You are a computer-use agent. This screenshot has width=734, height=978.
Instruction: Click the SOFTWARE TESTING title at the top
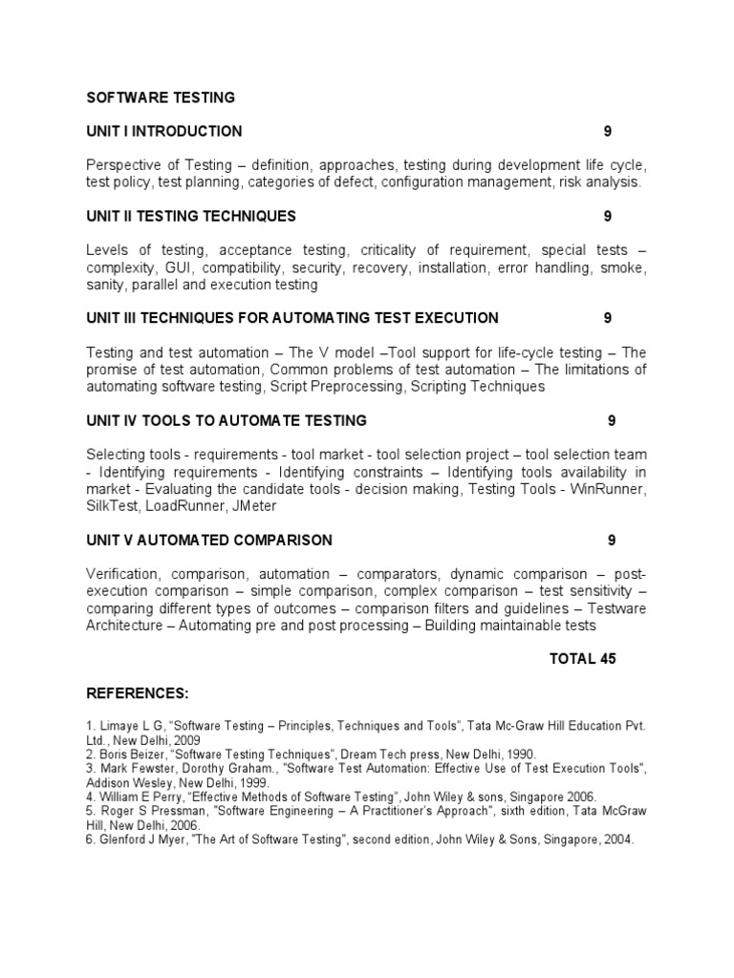[x=161, y=97]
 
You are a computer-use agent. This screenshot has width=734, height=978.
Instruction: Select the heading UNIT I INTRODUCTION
[x=164, y=131]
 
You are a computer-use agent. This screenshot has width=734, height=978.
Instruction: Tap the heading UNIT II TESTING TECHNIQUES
[x=191, y=216]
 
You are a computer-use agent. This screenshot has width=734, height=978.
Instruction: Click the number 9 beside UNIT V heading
[x=612, y=541]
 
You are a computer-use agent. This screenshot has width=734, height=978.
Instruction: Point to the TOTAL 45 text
[x=583, y=659]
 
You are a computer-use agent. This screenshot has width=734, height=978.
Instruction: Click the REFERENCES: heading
[x=138, y=692]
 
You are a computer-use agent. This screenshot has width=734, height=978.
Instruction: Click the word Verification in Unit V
[x=123, y=574]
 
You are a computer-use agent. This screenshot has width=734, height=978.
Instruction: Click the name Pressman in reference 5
[x=161, y=811]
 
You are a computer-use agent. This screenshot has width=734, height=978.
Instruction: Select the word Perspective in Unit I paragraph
[x=124, y=164]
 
